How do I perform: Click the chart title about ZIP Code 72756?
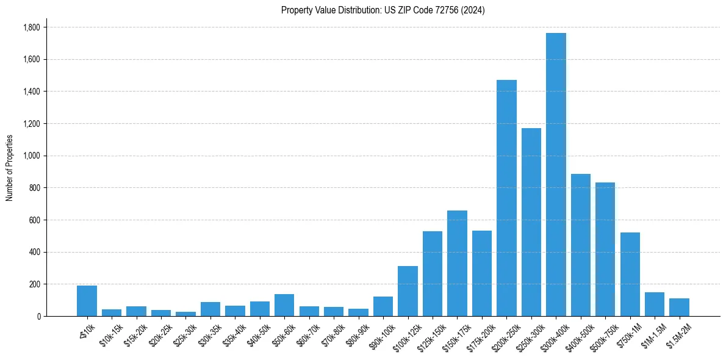click(383, 10)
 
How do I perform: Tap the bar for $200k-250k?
click(506, 198)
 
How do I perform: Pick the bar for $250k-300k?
click(531, 222)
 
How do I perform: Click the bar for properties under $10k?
click(87, 301)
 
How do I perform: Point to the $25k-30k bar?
click(185, 314)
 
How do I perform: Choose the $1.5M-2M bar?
click(679, 308)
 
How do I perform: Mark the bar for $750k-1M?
click(630, 275)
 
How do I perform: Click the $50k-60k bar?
click(284, 305)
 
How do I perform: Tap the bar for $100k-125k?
click(408, 291)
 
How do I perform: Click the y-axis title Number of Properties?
click(10, 168)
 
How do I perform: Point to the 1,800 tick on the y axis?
click(31, 27)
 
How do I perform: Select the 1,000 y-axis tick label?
click(31, 156)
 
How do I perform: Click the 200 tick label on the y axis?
click(34, 284)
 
